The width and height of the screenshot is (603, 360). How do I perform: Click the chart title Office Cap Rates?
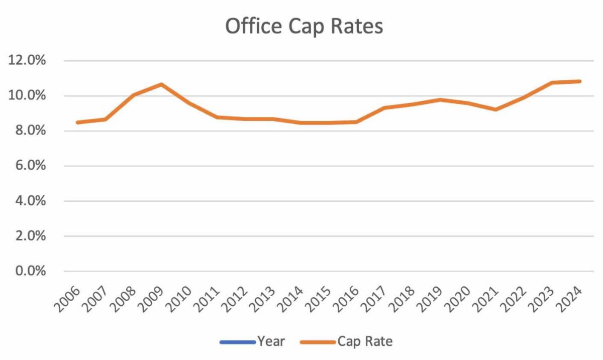(304, 27)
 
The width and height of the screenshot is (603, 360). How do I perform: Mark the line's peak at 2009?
(161, 84)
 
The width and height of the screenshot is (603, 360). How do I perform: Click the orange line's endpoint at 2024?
(580, 81)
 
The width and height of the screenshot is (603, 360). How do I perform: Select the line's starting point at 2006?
(77, 123)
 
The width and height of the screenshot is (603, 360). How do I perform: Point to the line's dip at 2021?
(496, 109)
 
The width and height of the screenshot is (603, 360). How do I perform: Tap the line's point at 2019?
(440, 100)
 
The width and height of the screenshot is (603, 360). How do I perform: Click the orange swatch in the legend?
(318, 342)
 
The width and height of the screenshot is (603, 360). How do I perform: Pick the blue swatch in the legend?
(237, 342)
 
